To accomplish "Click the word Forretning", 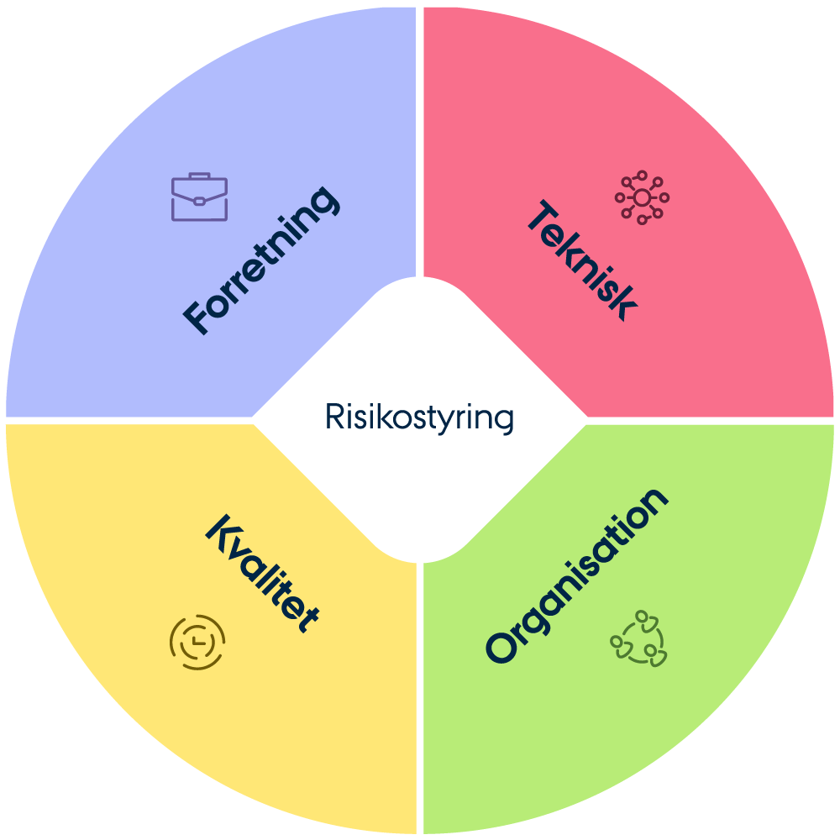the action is [x=261, y=260].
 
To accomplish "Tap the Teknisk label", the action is [x=582, y=260].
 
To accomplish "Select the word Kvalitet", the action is [x=262, y=573].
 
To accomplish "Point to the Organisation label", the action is [x=577, y=576].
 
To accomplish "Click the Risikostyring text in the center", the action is [x=419, y=417].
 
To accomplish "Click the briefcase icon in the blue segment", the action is [x=199, y=197].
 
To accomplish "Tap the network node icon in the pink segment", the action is [x=642, y=197].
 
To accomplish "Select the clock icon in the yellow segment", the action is [x=197, y=642].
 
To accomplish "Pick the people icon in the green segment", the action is [x=638, y=638].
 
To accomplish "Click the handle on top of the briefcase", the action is [x=199, y=176].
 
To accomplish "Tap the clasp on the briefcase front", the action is [x=199, y=202].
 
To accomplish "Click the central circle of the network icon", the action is [x=642, y=197].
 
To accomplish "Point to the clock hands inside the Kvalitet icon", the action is [x=197, y=641].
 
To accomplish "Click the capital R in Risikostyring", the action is [x=334, y=417].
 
